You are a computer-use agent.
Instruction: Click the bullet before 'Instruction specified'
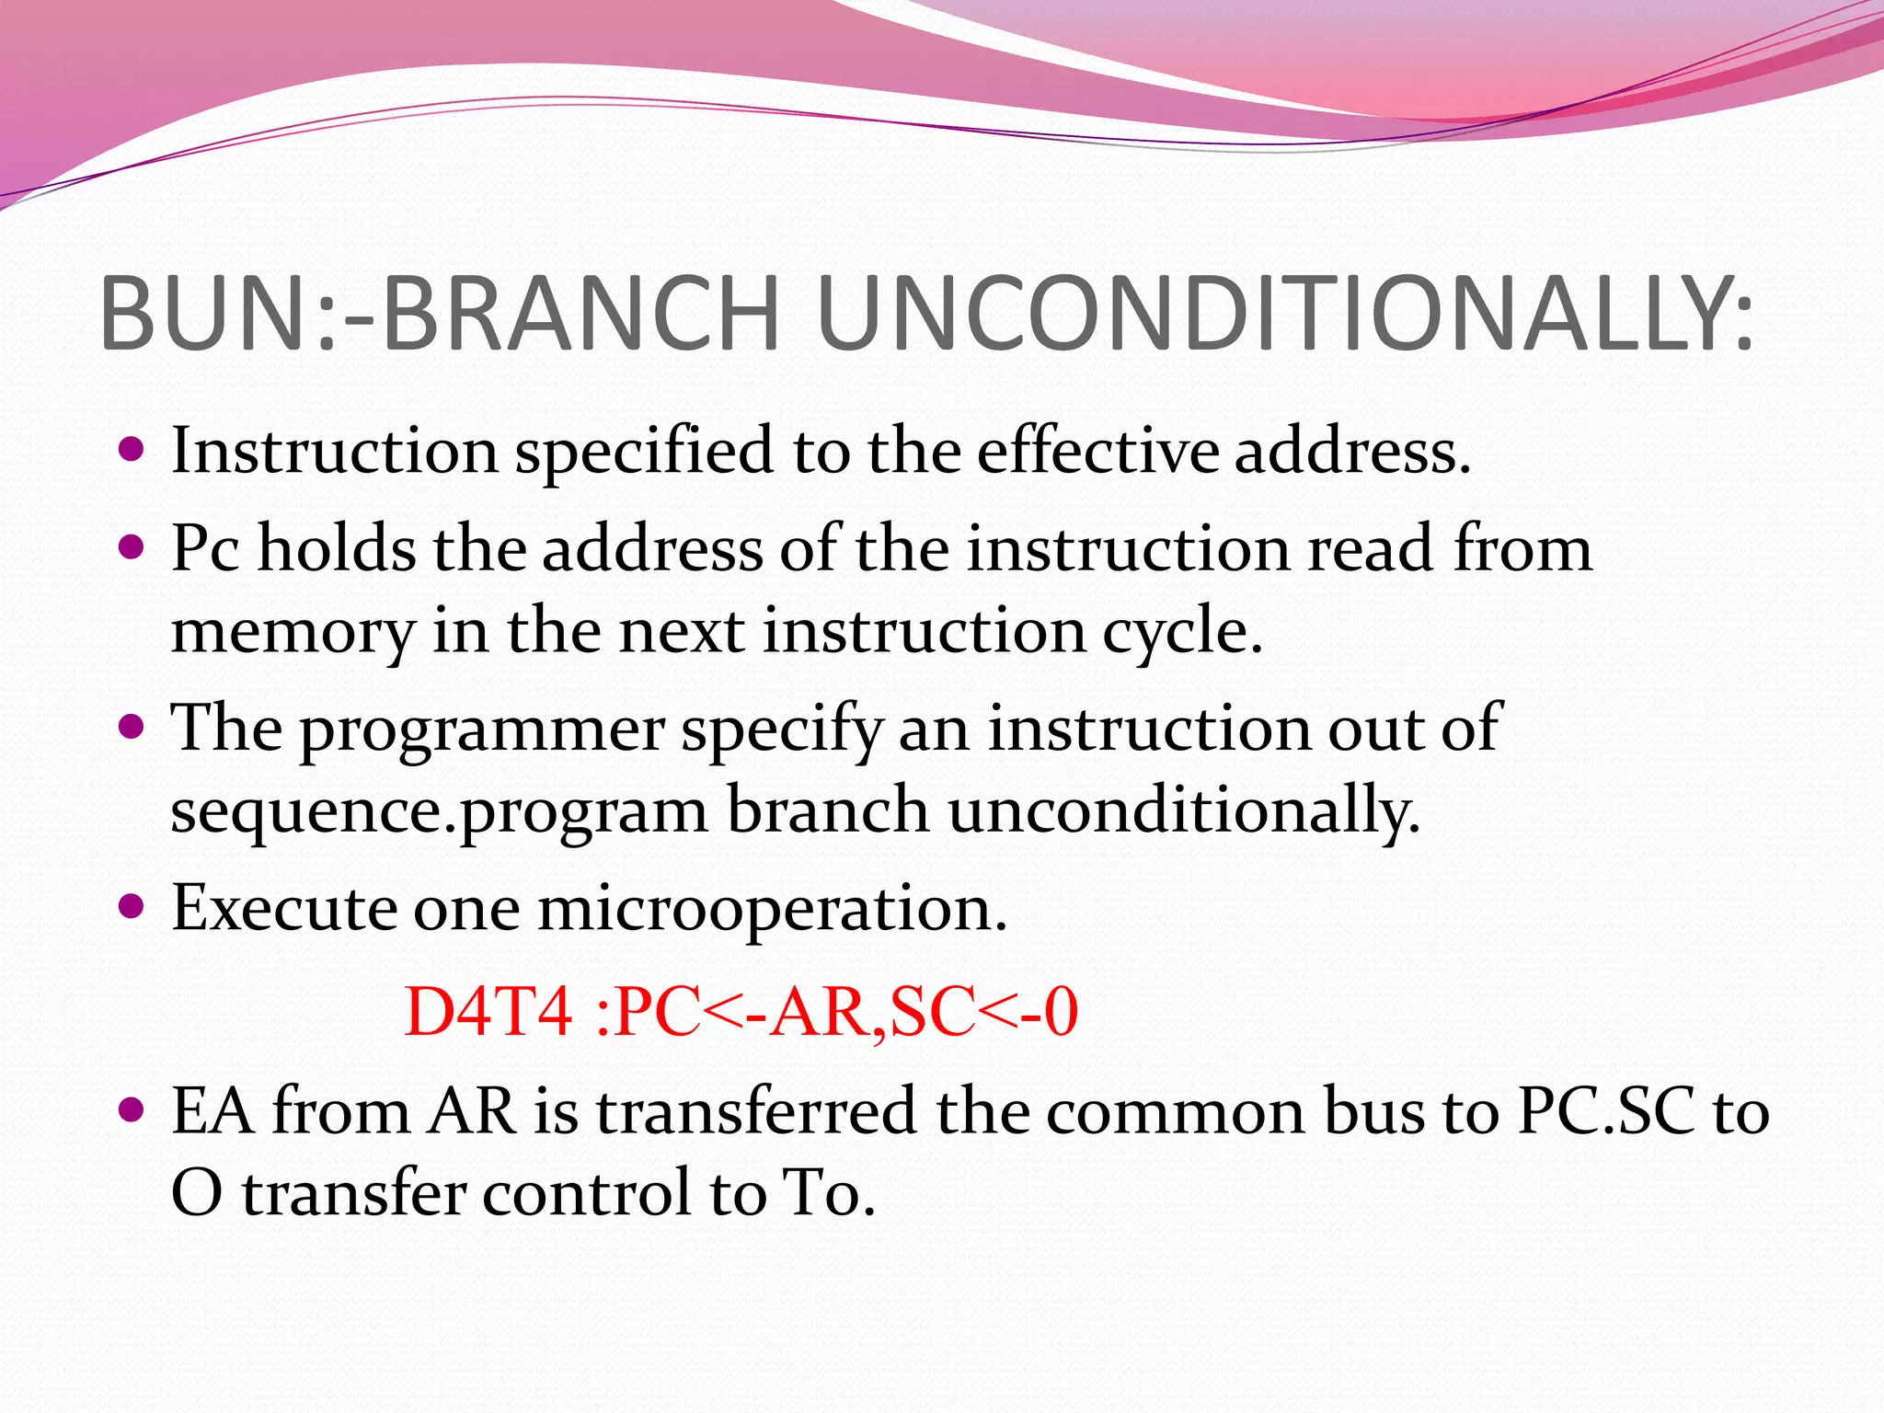point(132,450)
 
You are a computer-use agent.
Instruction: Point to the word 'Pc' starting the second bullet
point(205,549)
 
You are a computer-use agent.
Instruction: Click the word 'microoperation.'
point(773,910)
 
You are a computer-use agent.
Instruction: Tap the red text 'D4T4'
point(488,1013)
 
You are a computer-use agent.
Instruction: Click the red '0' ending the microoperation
point(1061,1013)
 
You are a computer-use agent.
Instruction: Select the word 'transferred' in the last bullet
point(755,1112)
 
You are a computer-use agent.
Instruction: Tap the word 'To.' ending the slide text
point(827,1194)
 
